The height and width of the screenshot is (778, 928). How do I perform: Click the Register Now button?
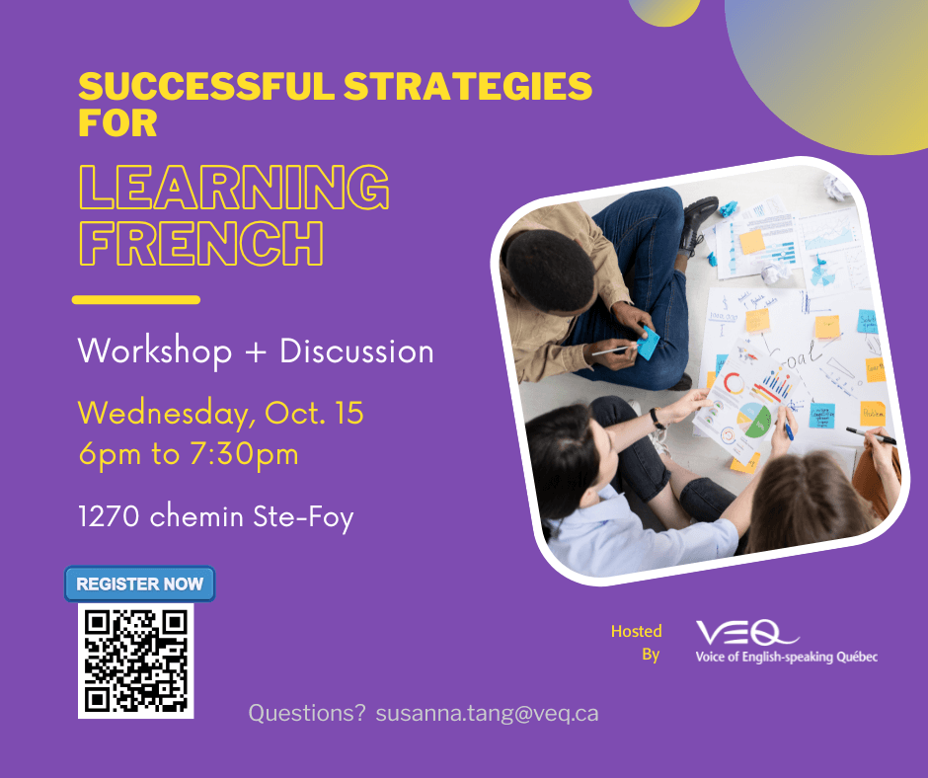139,583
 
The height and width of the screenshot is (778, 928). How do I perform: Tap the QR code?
136,661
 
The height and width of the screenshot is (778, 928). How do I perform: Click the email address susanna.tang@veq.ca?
487,714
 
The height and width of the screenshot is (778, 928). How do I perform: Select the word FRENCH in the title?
201,243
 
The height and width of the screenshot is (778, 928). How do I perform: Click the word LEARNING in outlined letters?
234,188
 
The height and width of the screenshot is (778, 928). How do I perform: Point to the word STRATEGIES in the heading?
468,86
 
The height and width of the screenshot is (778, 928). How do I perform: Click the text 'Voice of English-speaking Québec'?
787,657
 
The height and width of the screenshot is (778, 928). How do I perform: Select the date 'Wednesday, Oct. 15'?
221,413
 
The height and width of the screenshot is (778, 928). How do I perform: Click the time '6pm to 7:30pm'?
189,454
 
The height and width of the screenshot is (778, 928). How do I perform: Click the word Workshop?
154,351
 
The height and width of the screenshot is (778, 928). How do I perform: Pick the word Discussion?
356,351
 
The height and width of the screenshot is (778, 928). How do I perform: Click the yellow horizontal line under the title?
136,299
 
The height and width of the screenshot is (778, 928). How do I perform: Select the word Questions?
307,714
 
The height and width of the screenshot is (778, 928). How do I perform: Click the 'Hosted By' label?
637,643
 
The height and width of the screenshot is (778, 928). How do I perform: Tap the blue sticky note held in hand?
648,342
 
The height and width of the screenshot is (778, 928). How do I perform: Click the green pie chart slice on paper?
757,424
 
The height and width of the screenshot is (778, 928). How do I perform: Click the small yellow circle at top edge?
664,11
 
